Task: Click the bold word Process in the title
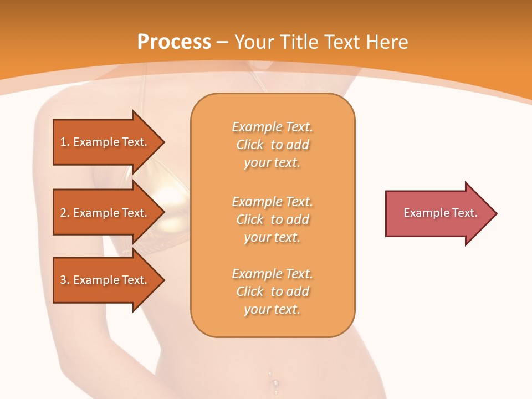(174, 42)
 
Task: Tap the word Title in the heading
(300, 42)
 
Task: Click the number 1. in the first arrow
(65, 142)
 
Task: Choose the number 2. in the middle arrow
(65, 213)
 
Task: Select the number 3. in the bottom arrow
(65, 280)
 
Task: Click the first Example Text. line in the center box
(272, 127)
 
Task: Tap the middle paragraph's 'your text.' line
(272, 237)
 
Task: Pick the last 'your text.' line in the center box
(272, 309)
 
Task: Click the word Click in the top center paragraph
(250, 145)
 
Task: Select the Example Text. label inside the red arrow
(441, 213)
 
